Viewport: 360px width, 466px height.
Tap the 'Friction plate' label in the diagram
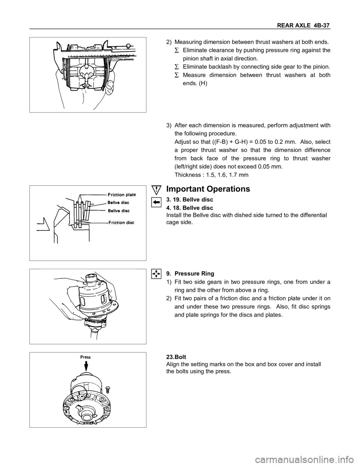click(121, 194)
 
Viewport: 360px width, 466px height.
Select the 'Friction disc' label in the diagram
click(121, 222)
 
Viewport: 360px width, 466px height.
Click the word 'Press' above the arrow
click(85, 357)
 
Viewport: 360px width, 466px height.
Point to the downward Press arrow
click(86, 366)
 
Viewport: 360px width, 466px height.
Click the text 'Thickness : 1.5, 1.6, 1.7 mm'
click(211, 175)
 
